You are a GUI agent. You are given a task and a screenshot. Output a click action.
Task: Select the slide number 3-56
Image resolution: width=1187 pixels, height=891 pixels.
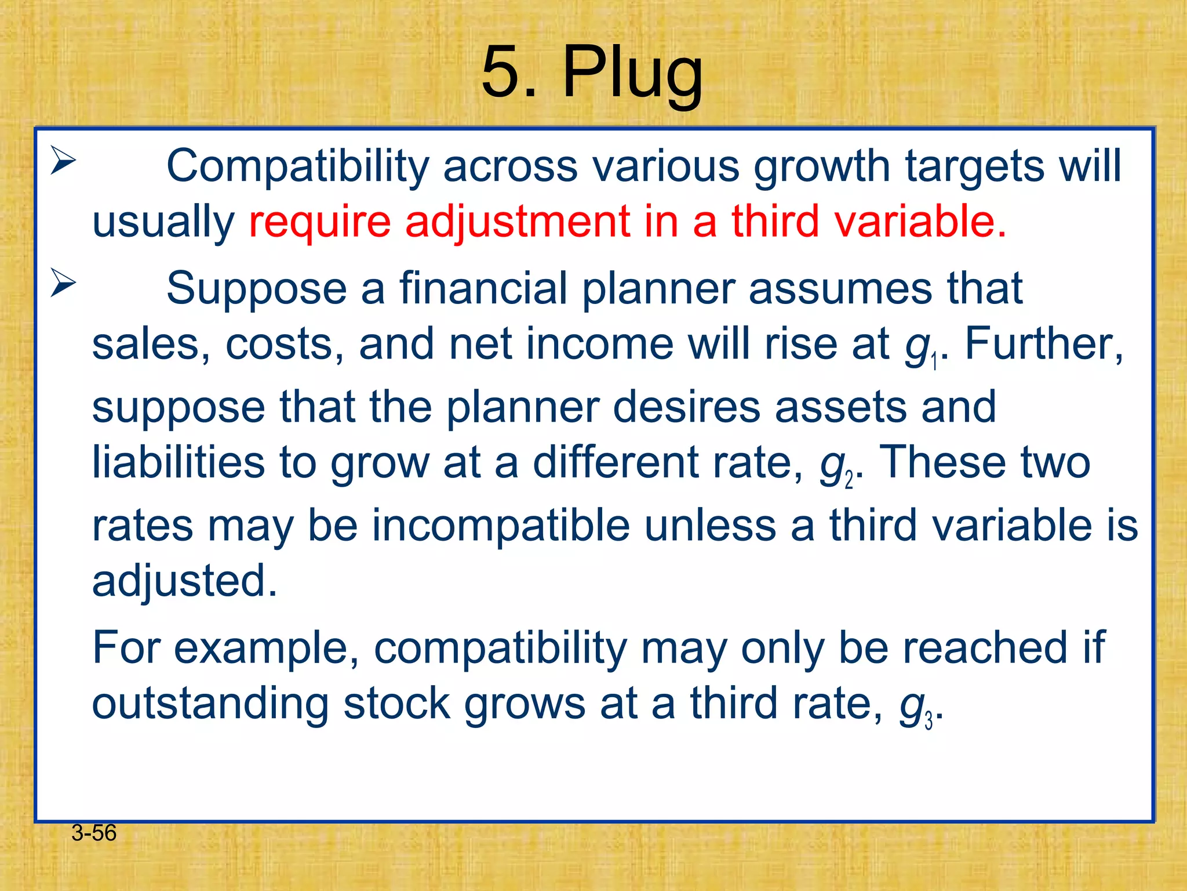point(94,833)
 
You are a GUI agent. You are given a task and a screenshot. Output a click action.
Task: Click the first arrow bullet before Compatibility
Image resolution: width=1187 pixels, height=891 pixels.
point(63,161)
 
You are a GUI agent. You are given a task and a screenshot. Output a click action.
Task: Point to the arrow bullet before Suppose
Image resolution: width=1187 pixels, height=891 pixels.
point(63,283)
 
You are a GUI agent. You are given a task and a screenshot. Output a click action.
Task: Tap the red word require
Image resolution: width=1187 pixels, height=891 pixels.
point(319,222)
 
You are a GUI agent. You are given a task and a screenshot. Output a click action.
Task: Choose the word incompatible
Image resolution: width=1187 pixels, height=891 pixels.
point(501,526)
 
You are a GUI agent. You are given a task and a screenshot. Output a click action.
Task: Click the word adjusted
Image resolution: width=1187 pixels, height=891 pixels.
point(184,581)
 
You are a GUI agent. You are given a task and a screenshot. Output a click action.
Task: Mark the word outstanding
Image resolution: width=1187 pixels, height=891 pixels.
point(210,704)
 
